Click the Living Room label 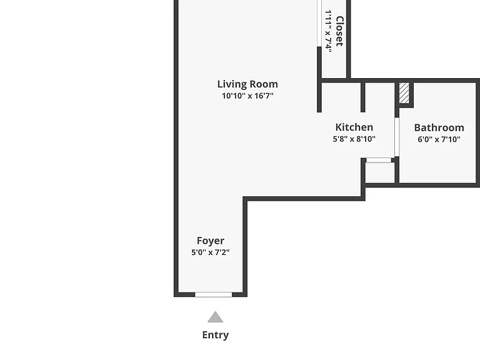click(247, 84)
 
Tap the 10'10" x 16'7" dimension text click(247, 96)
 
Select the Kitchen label click(354, 127)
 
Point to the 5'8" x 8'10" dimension click(354, 139)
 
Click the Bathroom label click(439, 127)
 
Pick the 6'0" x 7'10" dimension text click(439, 139)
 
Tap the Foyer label click(211, 241)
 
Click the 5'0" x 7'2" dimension click(211, 252)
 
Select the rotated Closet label click(340, 31)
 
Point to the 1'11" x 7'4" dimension click(329, 31)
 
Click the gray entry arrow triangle click(215, 317)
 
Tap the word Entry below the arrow click(216, 335)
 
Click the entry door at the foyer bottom click(213, 294)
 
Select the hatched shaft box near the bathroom click(404, 93)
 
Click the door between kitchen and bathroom click(397, 137)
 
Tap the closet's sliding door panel click(319, 23)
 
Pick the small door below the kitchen click(379, 160)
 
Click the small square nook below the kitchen click(380, 172)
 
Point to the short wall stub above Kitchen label click(362, 97)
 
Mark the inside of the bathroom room click(437, 159)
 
